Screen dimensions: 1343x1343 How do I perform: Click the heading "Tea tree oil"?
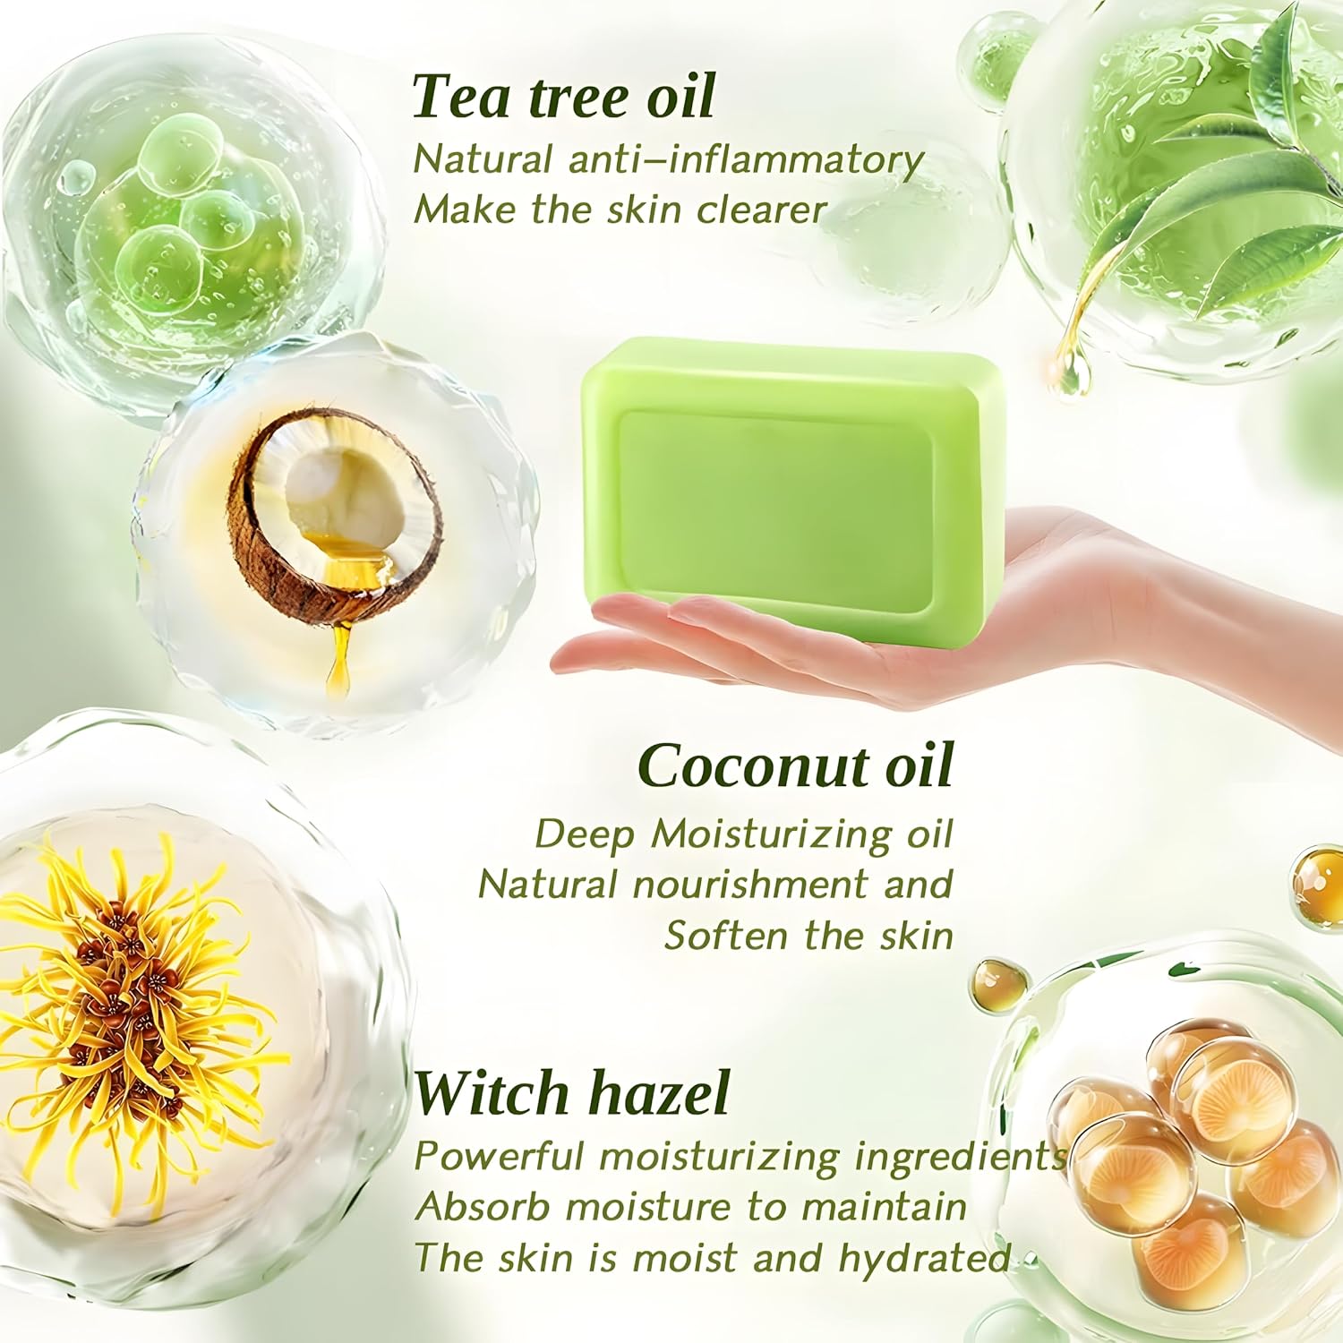[563, 97]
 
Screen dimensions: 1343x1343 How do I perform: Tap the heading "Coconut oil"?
[795, 766]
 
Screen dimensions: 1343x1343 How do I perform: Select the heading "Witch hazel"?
[571, 1093]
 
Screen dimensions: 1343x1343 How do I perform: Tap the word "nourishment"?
[750, 885]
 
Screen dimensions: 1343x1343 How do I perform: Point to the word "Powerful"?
[499, 1156]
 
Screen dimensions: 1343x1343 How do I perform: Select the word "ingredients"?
[961, 1156]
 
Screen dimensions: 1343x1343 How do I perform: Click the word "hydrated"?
[925, 1257]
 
